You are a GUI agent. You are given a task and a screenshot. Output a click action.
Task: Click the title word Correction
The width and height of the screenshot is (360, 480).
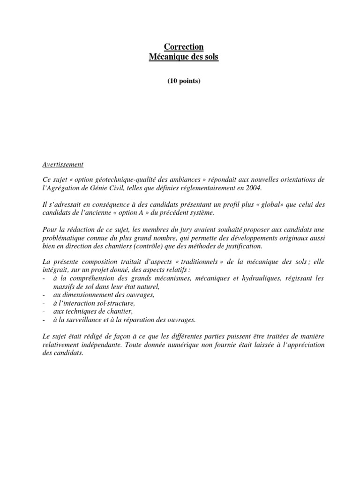(184, 47)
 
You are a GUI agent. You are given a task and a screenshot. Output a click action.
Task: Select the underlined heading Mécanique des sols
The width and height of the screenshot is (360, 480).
(184, 57)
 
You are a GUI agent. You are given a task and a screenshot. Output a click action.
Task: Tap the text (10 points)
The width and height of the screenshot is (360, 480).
(184, 81)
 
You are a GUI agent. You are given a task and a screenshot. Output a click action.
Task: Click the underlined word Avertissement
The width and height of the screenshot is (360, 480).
(62, 165)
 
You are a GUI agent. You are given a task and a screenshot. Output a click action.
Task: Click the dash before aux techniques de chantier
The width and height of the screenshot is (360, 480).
(43, 311)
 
